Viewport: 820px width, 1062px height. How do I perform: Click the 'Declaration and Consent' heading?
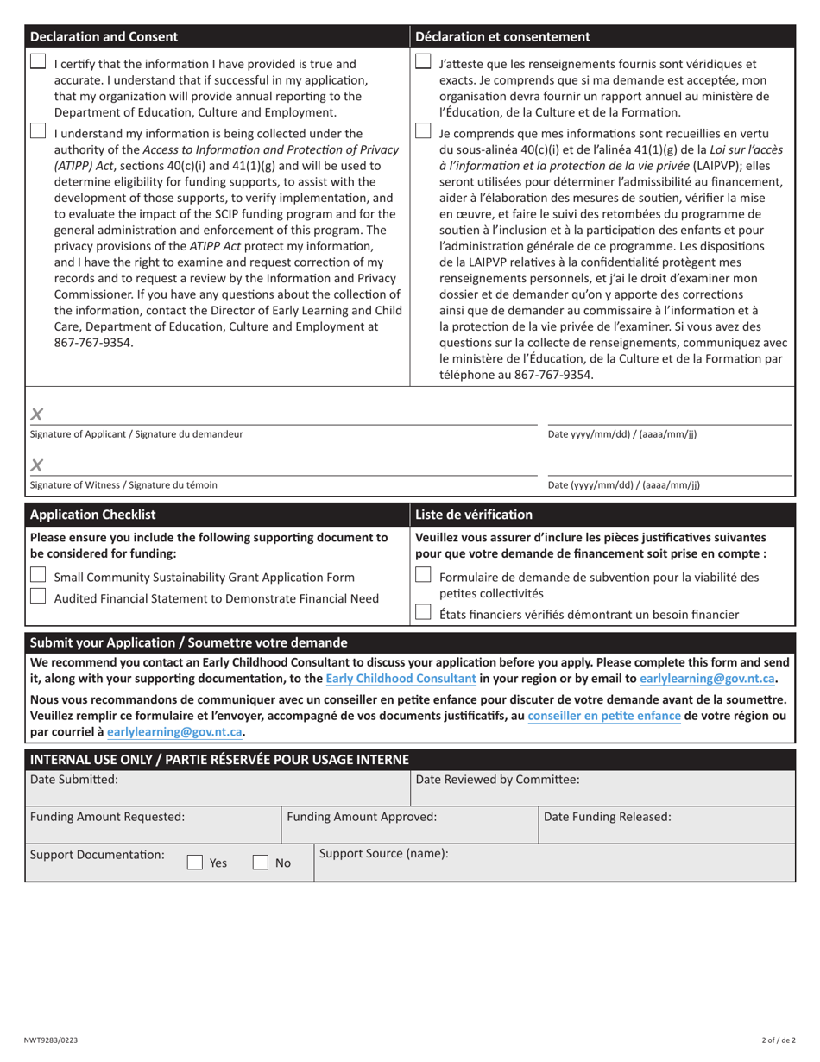tap(104, 36)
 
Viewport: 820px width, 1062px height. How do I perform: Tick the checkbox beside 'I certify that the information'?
tap(38, 62)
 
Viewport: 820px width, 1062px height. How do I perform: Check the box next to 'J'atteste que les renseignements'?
tap(423, 62)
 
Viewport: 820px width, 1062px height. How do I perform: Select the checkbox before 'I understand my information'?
tap(38, 131)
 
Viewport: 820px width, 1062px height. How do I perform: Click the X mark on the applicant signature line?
tap(36, 414)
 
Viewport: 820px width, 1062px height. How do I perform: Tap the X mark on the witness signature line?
tap(36, 466)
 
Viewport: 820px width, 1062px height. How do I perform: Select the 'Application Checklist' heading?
tap(93, 515)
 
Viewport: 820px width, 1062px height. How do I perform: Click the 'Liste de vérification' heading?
tap(474, 515)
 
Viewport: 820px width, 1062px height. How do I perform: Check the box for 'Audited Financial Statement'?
tap(38, 597)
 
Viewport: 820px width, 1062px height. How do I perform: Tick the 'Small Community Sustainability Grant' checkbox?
tap(38, 576)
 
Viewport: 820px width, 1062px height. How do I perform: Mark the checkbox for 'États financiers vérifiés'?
tap(423, 613)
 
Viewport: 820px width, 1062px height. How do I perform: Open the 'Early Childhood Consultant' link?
tap(401, 679)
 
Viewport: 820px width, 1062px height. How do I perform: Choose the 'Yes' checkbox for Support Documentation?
tap(195, 862)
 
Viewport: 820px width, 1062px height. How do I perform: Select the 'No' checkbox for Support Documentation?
tap(260, 862)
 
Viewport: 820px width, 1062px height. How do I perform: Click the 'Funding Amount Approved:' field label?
tap(362, 817)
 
